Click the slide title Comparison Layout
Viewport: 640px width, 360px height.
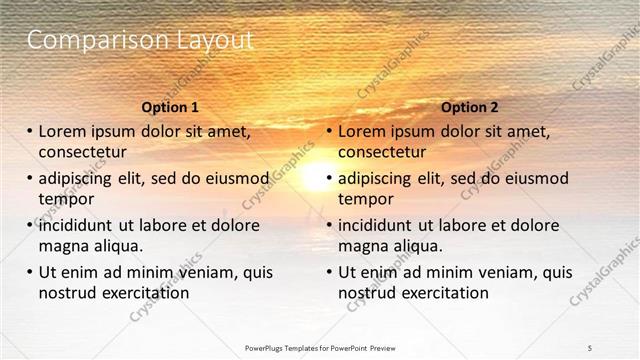coord(139,41)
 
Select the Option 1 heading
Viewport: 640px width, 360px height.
coord(171,107)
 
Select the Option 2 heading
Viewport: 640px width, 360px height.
coord(469,107)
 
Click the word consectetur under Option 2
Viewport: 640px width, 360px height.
coord(382,152)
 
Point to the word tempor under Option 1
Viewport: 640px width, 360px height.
coord(66,199)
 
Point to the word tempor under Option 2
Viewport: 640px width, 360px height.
coord(366,199)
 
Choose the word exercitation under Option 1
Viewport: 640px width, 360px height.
coord(143,293)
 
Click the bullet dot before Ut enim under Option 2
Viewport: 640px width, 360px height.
coord(328,272)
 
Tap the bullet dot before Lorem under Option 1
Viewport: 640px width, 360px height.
coord(29,131)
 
